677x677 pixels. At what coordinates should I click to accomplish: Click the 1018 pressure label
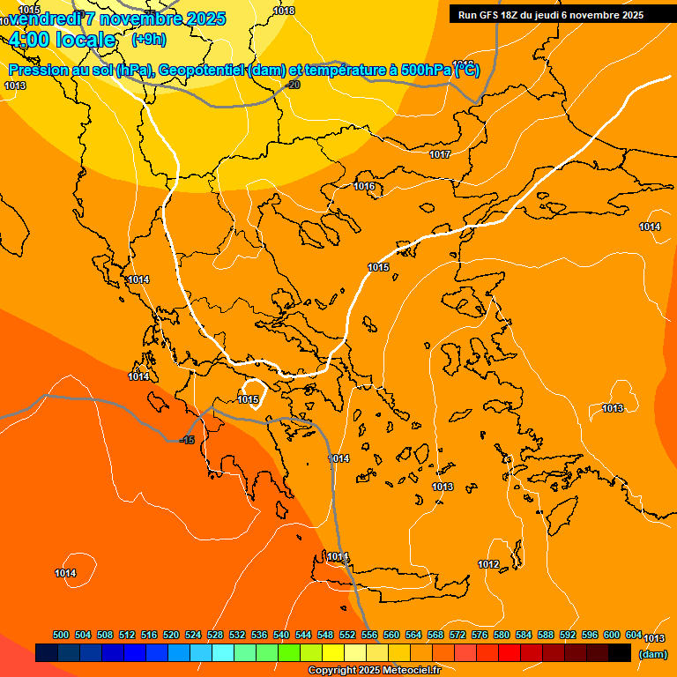284,11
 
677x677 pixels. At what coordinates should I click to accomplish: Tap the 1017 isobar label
440,155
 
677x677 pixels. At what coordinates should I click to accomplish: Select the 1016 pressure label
365,186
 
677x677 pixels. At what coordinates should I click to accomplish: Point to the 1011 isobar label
338,556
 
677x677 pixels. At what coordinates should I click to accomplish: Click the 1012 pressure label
488,564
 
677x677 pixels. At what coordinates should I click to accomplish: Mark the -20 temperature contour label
293,85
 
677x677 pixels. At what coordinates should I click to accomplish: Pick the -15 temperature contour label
187,440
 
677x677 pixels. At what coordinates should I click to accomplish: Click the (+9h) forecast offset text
148,39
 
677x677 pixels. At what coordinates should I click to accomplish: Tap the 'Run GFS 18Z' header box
550,15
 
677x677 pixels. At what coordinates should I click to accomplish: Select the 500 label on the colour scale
61,635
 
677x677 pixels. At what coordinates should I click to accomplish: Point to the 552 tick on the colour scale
347,635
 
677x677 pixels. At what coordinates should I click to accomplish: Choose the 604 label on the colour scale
634,635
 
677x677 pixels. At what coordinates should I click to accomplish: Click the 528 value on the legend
215,635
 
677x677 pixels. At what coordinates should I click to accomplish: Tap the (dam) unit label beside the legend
652,654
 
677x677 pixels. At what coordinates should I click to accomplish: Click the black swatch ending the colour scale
620,653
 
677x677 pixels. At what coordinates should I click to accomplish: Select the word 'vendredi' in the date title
44,19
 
